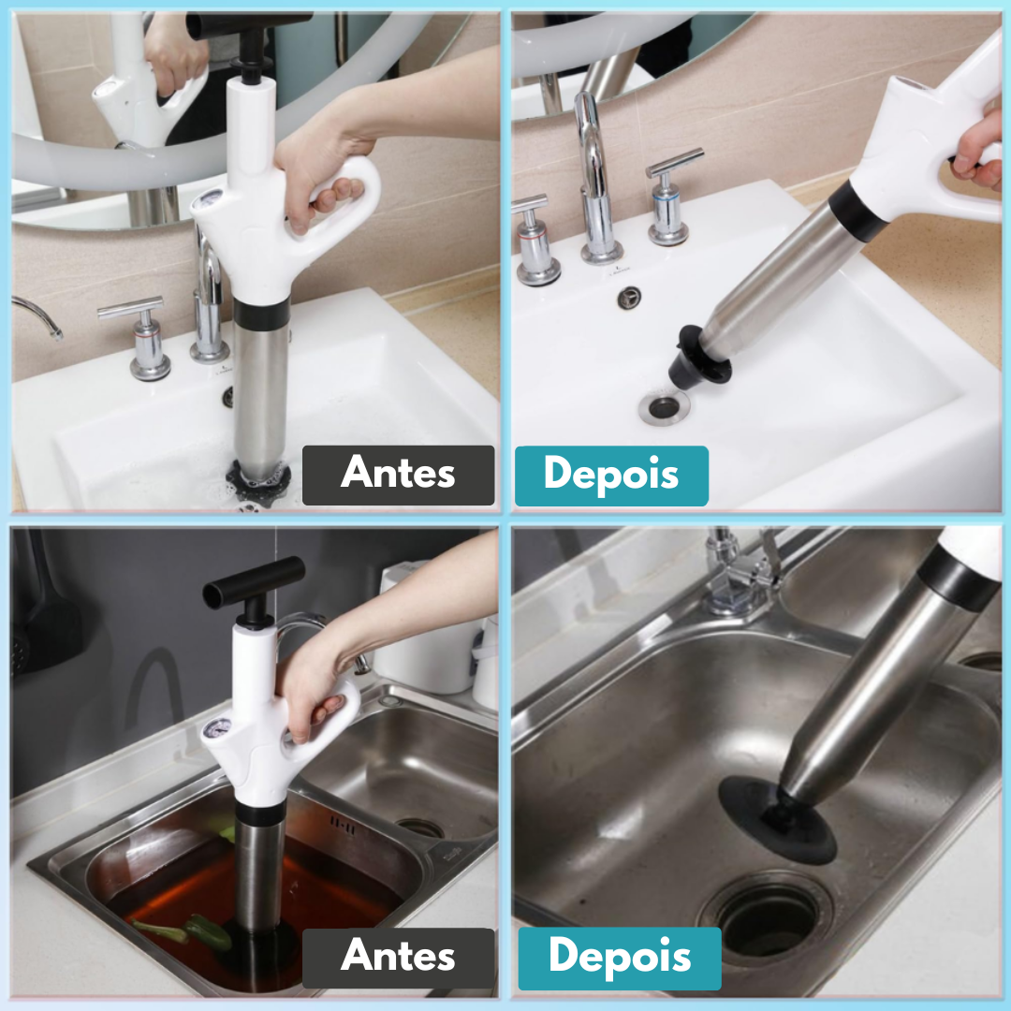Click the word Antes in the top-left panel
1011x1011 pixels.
point(398,473)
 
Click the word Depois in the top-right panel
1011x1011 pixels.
point(611,475)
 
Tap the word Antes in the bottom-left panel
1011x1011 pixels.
point(398,955)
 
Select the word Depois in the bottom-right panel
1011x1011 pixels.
point(620,957)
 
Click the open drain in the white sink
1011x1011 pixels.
point(664,407)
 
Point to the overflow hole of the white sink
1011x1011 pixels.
point(629,298)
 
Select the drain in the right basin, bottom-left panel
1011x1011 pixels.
point(419,828)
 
